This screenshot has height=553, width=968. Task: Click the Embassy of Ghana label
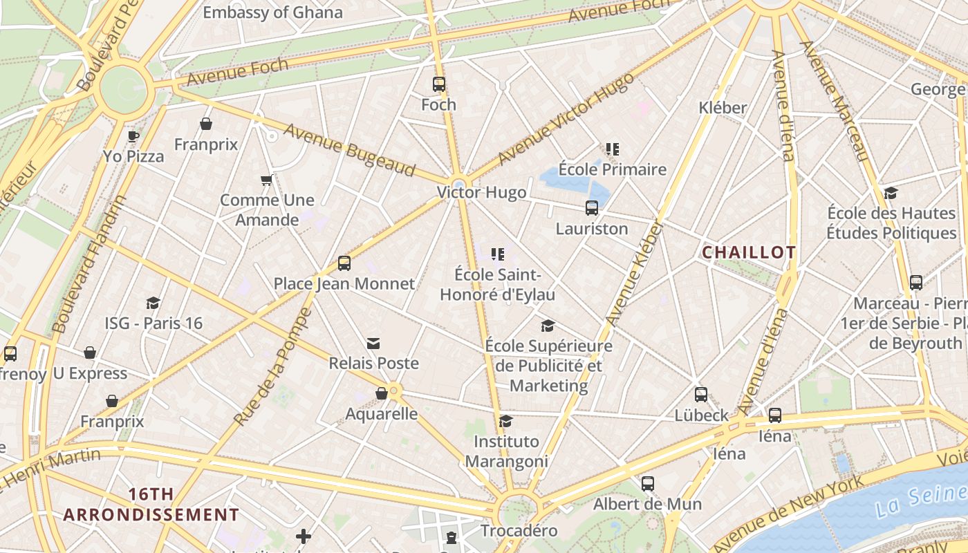tap(272, 12)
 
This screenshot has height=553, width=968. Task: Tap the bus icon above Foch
tap(439, 84)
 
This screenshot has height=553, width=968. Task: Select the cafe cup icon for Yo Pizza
tap(133, 136)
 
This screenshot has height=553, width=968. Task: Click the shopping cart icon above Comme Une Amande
tap(267, 180)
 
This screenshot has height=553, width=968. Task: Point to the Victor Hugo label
tap(481, 192)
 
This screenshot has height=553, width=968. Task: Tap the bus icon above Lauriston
tap(592, 207)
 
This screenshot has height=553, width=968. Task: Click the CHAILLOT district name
tap(749, 253)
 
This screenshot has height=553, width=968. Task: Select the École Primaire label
tap(612, 169)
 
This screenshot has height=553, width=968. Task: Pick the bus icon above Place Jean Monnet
tap(344, 263)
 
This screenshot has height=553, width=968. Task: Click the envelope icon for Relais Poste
tap(373, 344)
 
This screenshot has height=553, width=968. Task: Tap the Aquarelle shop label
tap(382, 413)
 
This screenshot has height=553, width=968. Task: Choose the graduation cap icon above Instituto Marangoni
tap(506, 421)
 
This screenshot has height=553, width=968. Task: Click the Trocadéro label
tap(519, 531)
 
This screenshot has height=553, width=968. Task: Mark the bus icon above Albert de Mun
tap(648, 484)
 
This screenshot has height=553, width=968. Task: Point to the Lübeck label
tap(702, 415)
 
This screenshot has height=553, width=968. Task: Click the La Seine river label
tap(920, 501)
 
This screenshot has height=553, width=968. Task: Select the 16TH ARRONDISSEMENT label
tap(151, 505)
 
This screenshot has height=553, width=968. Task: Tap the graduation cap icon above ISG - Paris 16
tap(153, 303)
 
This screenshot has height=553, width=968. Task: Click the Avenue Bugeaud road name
tap(348, 150)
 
